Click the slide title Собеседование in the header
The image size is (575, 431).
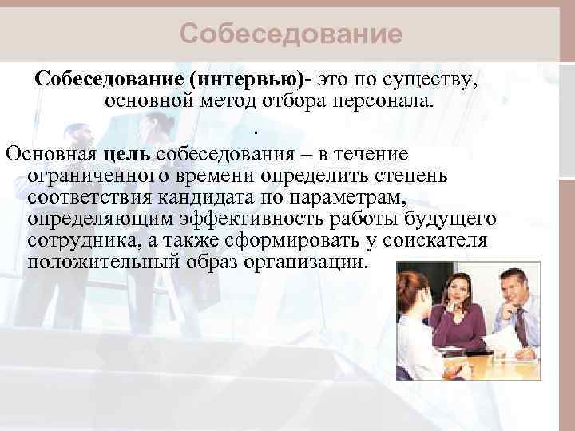tap(290, 34)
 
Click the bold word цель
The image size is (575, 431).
tap(127, 153)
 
